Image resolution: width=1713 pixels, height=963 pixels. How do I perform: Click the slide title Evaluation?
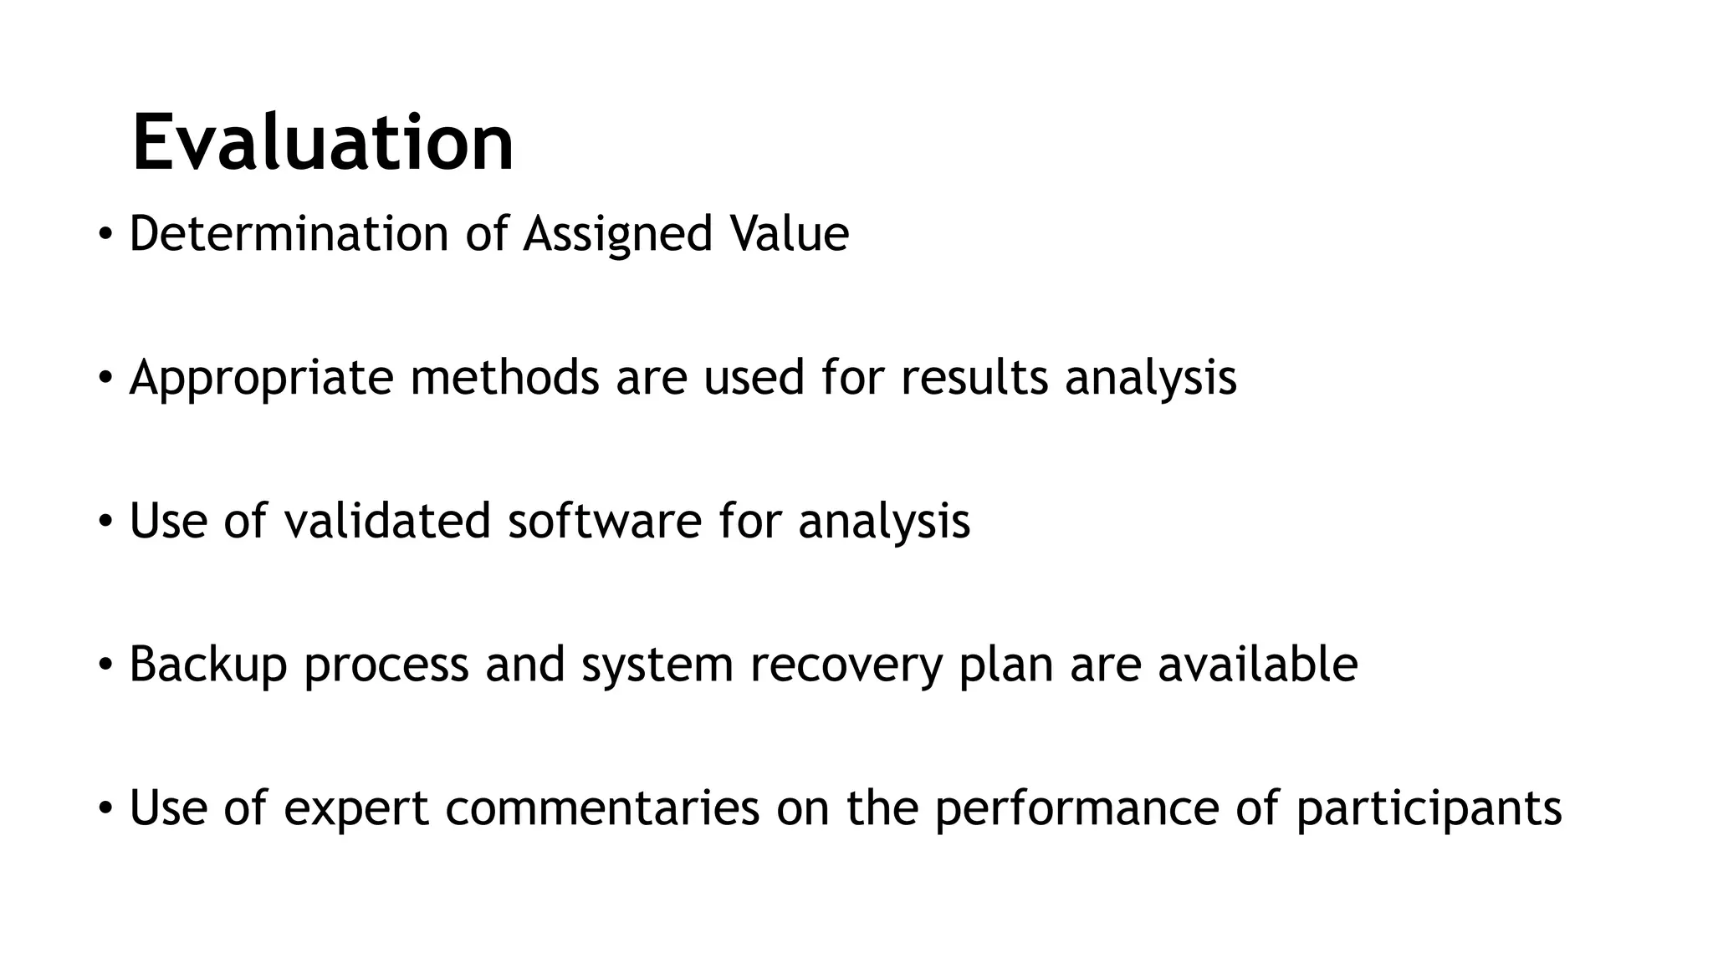[323, 144]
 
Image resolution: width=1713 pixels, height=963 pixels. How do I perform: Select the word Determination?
[289, 233]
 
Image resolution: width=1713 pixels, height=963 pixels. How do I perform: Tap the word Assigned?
[617, 233]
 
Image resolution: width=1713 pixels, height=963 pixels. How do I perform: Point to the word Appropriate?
[261, 378]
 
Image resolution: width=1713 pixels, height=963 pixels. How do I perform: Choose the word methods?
[504, 378]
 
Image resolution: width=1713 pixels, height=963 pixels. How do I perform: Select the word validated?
[386, 521]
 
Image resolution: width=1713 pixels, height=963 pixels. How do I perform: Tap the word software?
[604, 521]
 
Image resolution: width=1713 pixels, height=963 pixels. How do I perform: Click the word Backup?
[208, 665]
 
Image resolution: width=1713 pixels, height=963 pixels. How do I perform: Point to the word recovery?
[846, 665]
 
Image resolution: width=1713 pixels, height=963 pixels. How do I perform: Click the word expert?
[356, 808]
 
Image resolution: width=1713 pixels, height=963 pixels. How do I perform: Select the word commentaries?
[602, 808]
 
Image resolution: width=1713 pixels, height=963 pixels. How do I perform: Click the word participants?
[1429, 808]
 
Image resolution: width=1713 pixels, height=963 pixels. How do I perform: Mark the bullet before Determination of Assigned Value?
[105, 234]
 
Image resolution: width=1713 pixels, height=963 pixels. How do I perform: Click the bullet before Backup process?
[105, 665]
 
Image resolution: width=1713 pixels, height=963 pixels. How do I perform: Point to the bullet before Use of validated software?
[105, 522]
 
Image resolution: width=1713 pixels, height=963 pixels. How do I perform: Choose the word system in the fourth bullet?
[657, 665]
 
